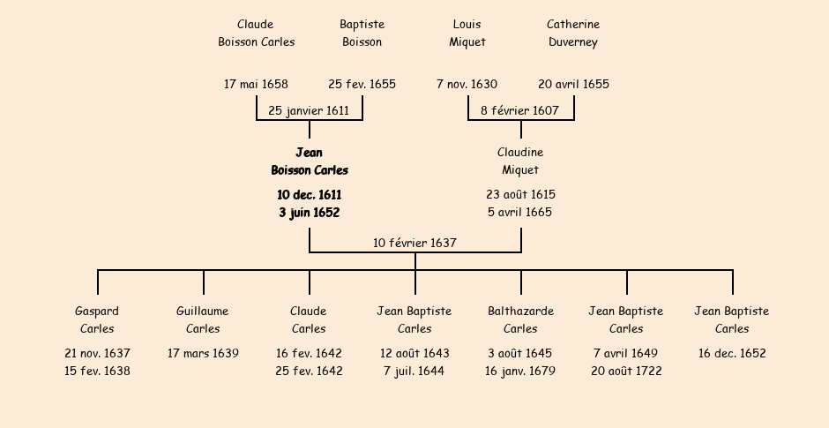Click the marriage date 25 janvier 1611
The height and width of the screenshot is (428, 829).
click(x=309, y=111)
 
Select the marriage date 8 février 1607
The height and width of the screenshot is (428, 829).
click(x=519, y=111)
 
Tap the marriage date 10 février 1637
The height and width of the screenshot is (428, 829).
click(x=414, y=243)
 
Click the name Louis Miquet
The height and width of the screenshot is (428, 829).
click(x=467, y=34)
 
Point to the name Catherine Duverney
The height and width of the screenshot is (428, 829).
click(x=573, y=34)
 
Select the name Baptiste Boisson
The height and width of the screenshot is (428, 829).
click(x=362, y=34)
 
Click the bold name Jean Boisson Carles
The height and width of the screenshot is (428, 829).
click(x=310, y=161)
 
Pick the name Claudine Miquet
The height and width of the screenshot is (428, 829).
click(x=520, y=161)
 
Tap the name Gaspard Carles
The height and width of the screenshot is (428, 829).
click(x=97, y=320)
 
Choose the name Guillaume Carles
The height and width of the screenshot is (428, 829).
click(x=203, y=320)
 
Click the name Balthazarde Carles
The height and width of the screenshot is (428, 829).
click(x=520, y=320)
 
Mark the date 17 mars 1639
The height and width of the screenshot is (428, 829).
click(x=203, y=354)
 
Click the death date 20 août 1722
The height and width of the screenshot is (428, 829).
click(x=626, y=372)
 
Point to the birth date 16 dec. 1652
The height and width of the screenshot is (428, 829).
click(x=732, y=354)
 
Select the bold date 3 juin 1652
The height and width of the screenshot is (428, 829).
click(x=309, y=213)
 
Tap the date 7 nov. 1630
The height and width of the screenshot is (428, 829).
click(x=467, y=85)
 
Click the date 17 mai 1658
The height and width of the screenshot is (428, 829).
click(x=256, y=85)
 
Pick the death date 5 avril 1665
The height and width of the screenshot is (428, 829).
click(x=520, y=213)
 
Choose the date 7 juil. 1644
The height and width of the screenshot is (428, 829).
click(x=414, y=372)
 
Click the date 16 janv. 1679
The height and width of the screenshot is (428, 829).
click(x=520, y=372)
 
